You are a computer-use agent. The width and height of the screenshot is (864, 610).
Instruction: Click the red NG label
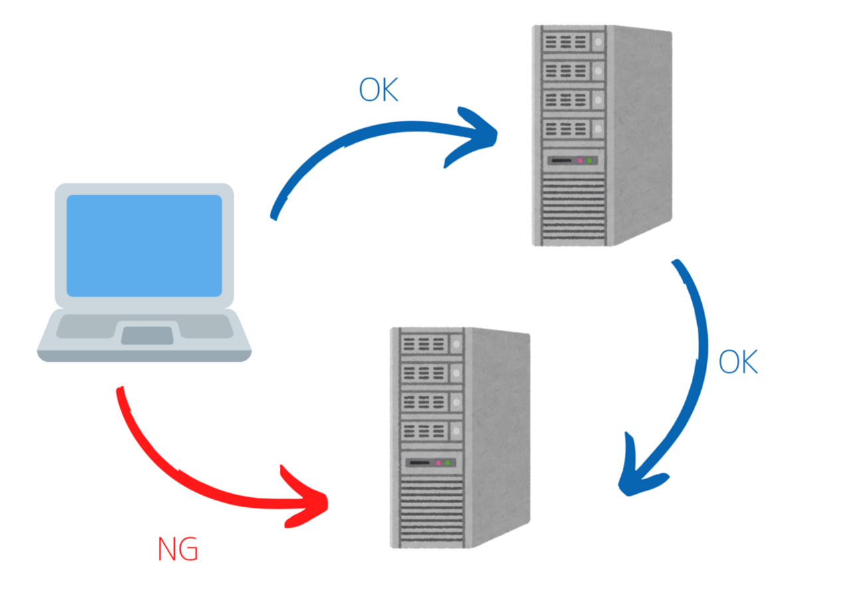[177, 550]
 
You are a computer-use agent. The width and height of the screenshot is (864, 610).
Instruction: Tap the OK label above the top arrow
[378, 90]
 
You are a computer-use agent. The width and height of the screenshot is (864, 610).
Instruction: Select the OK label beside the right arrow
[738, 362]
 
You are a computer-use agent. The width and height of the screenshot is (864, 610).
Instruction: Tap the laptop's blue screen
[144, 246]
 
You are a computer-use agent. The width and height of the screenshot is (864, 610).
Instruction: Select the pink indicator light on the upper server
[580, 161]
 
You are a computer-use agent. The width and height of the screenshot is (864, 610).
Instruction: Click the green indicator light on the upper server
[590, 161]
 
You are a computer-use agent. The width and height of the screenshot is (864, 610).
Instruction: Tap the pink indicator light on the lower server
[438, 462]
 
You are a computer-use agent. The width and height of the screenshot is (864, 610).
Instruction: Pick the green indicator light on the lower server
[448, 462]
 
